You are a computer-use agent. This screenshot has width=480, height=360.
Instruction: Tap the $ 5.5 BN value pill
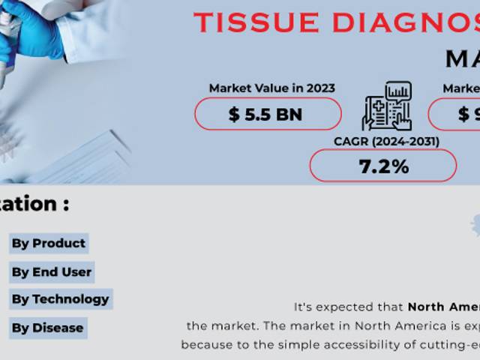pyautogui.click(x=268, y=114)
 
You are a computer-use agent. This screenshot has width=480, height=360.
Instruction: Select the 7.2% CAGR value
pyautogui.click(x=383, y=166)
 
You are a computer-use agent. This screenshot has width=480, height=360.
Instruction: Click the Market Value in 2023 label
pyautogui.click(x=271, y=88)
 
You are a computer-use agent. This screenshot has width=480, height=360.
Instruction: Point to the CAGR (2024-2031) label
pyautogui.click(x=386, y=140)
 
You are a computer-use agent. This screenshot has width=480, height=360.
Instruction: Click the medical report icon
pyautogui.click(x=386, y=107)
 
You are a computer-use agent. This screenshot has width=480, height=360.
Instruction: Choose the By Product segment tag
pyautogui.click(x=48, y=243)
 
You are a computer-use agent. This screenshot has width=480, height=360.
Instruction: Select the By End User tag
pyautogui.click(x=51, y=271)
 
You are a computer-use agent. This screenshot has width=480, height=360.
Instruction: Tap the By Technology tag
pyautogui.click(x=60, y=298)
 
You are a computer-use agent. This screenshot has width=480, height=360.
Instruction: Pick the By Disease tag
pyautogui.click(x=47, y=328)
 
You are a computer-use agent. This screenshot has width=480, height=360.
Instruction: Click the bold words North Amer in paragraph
pyautogui.click(x=443, y=307)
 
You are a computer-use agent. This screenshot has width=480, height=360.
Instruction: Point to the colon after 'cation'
pyautogui.click(x=66, y=205)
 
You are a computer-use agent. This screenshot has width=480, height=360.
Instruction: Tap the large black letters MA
pyautogui.click(x=462, y=58)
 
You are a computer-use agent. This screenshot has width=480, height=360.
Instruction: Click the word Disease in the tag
pyautogui.click(x=58, y=328)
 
